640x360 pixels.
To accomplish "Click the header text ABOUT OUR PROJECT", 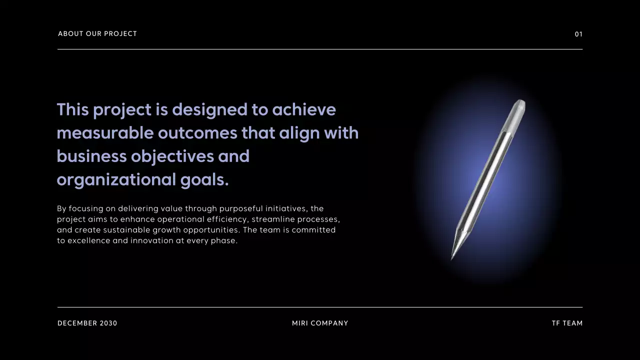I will click(97, 34).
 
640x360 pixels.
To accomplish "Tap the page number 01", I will click(578, 34).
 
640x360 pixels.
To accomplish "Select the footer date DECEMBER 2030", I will click(87, 323).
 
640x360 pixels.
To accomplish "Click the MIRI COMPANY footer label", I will click(320, 323).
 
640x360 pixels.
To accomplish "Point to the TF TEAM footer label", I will click(567, 323).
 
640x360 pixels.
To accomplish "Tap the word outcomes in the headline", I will click(197, 133).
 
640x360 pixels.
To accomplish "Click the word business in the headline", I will click(91, 156).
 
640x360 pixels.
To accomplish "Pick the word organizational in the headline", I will click(116, 180).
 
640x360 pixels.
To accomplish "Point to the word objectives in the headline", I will click(172, 156).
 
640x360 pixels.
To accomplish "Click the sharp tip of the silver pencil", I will click(452, 258).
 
